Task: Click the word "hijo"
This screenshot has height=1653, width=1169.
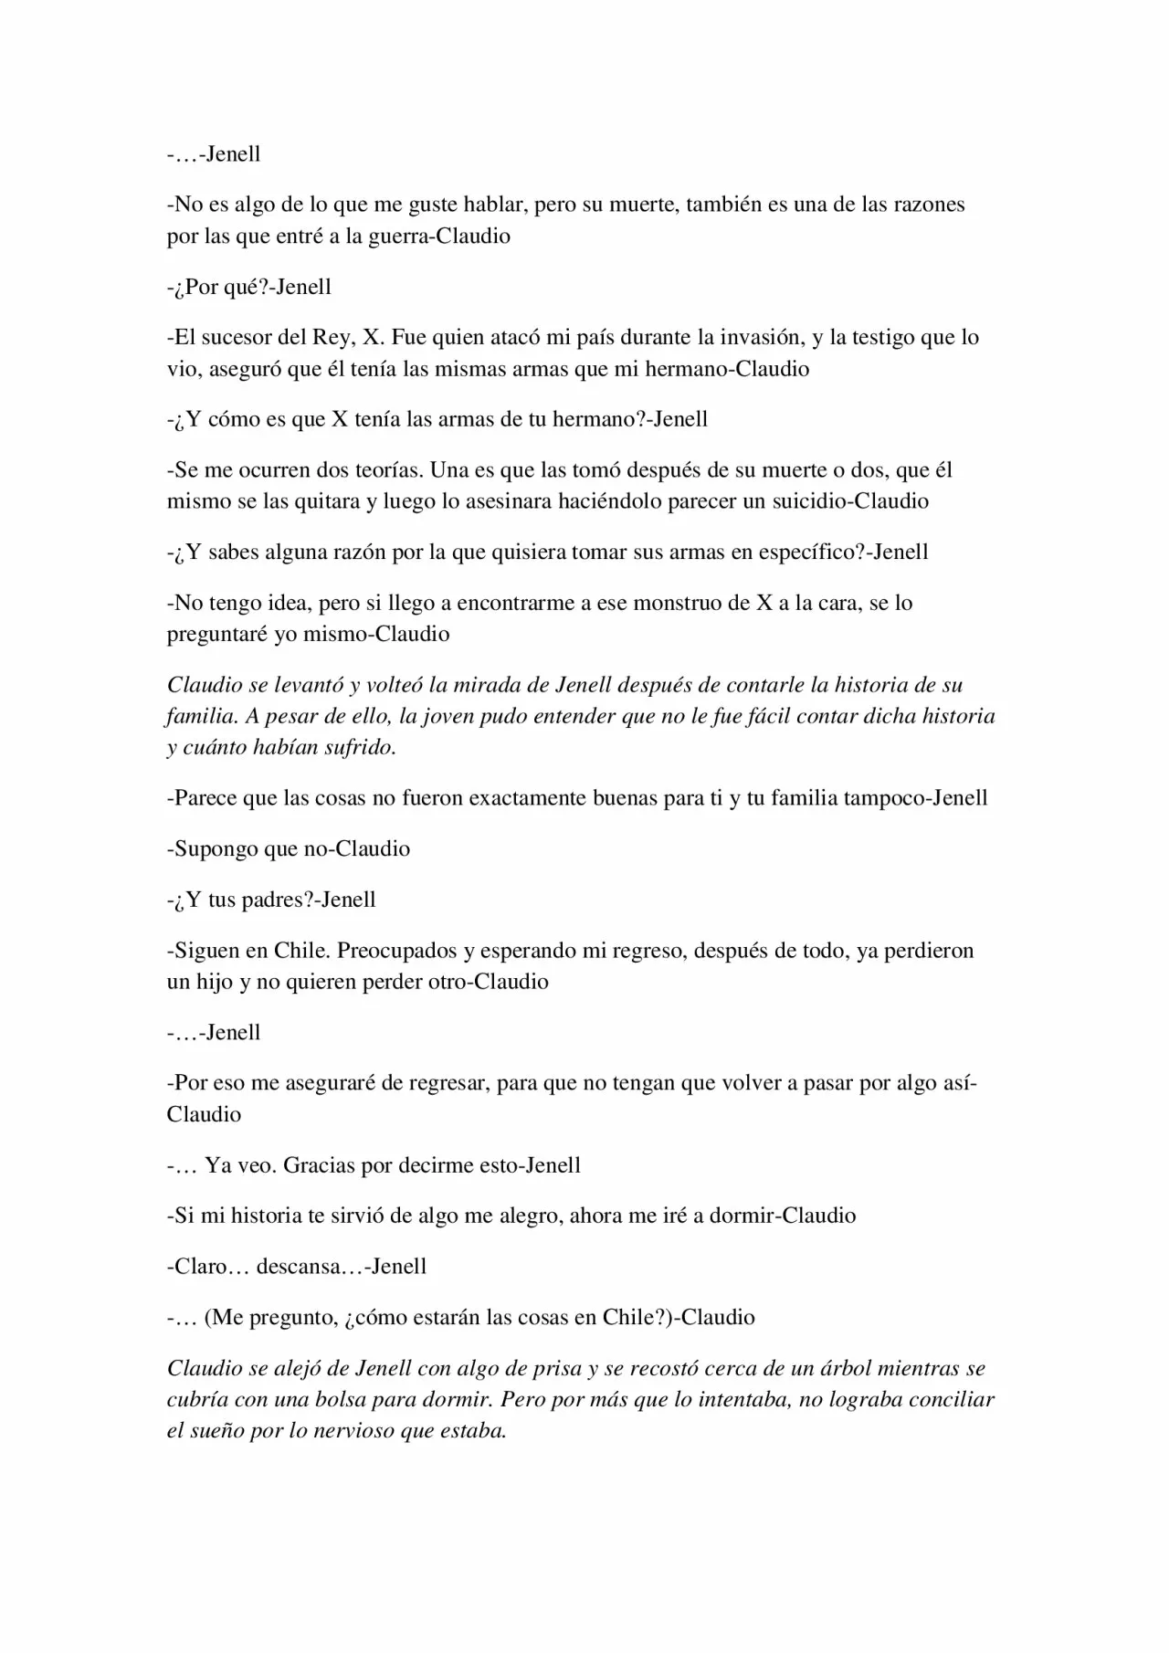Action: pos(215,983)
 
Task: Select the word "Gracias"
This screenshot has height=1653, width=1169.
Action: pos(319,1165)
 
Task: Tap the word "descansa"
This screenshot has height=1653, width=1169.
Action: pos(303,1267)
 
